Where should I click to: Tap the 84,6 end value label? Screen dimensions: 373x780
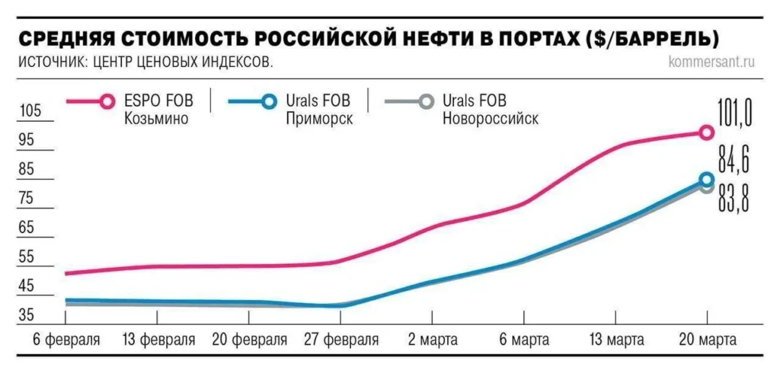pos(734,161)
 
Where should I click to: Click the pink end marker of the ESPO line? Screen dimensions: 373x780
pos(706,132)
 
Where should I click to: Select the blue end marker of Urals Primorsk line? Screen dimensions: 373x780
pos(706,180)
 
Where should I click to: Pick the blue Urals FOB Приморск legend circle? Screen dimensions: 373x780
pos(267,100)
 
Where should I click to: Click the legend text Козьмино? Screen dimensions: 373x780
pos(155,119)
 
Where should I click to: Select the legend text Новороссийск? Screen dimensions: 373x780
pos(490,119)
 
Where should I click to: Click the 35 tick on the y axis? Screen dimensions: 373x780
pos(27,315)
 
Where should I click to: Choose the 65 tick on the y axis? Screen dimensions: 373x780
pos(27,228)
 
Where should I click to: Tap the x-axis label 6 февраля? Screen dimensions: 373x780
pos(66,340)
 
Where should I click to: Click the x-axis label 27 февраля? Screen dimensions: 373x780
pos(340,340)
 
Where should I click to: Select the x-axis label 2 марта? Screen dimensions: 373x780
pos(432,340)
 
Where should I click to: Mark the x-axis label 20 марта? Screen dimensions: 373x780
pos(706,340)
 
